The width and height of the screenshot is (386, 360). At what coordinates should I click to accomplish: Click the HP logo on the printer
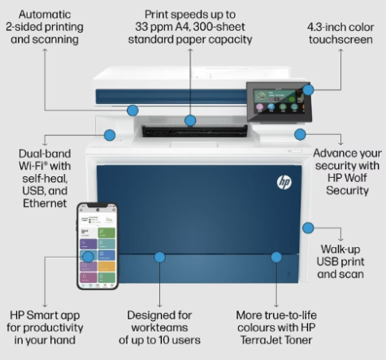pos(284,182)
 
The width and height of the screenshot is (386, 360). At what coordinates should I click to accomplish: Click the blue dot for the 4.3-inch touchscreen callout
pos(308,89)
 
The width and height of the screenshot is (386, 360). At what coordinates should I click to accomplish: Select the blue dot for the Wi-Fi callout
pos(110,134)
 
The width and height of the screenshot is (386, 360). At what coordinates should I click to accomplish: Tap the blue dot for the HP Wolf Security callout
pos(300,134)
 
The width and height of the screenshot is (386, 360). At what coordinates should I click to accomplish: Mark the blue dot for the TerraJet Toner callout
pos(276,257)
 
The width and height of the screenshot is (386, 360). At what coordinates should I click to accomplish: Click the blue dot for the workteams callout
pos(159,257)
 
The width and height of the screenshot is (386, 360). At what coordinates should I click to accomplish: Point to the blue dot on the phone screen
pos(88,257)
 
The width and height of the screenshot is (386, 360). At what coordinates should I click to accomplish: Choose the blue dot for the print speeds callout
pos(190,121)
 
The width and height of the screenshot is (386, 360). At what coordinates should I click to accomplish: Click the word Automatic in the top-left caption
pos(46,15)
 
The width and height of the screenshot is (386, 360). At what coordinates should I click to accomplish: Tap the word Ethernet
pos(46,203)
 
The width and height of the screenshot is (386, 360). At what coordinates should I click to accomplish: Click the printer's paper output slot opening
pos(189,131)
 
